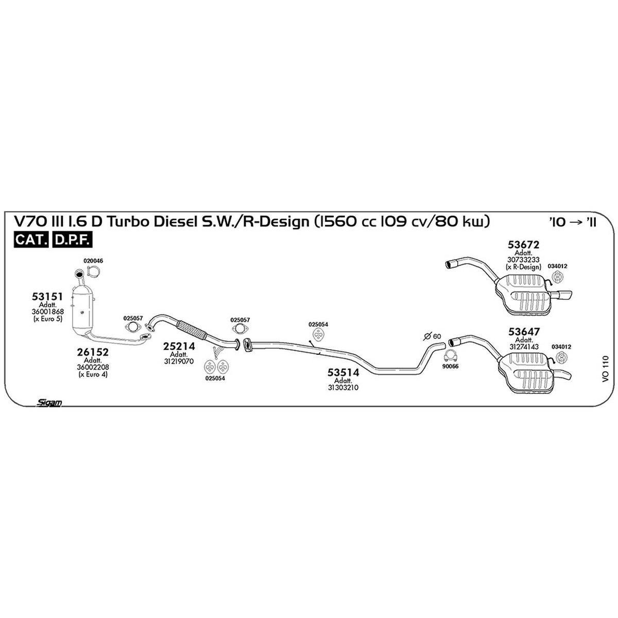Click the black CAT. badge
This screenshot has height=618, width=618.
[x=31, y=240]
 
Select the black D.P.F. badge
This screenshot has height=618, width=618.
[x=72, y=240]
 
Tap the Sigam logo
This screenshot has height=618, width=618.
[x=49, y=403]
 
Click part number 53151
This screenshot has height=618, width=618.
[x=47, y=297]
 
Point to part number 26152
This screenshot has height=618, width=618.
[x=93, y=352]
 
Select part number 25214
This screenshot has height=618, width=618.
[x=179, y=347]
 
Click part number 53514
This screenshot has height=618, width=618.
[x=343, y=372]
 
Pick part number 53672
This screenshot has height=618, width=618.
[x=523, y=245]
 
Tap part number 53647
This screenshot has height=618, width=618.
[x=524, y=331]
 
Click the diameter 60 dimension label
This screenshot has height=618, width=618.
[x=432, y=336]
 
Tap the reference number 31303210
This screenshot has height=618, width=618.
[x=343, y=388]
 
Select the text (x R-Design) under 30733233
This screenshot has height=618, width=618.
[x=523, y=267]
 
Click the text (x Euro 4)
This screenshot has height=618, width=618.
[x=93, y=374]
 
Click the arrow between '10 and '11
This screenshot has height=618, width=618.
[x=578, y=222]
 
